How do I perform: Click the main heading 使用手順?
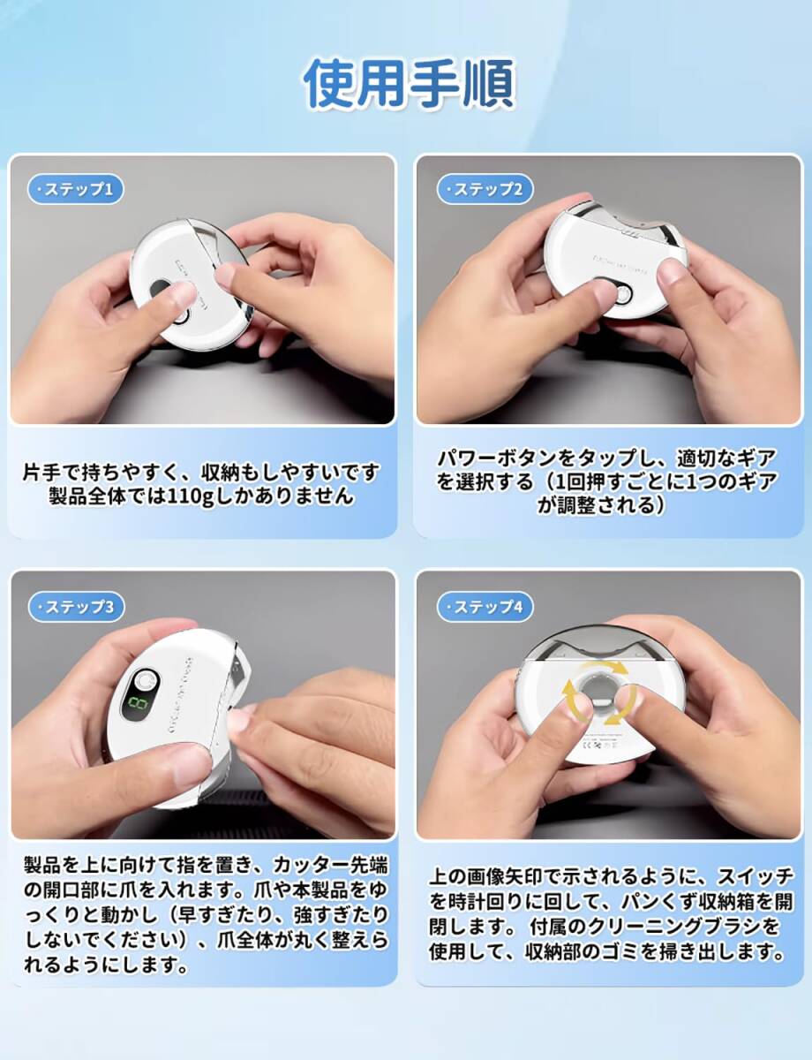pyautogui.click(x=409, y=83)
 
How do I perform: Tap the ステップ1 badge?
pyautogui.click(x=76, y=189)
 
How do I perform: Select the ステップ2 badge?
pyautogui.click(x=485, y=189)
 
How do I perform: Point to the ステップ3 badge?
pyautogui.click(x=76, y=606)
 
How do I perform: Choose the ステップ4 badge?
pyautogui.click(x=485, y=606)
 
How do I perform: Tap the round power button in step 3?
pyautogui.click(x=143, y=680)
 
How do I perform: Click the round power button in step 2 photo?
pyautogui.click(x=621, y=293)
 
